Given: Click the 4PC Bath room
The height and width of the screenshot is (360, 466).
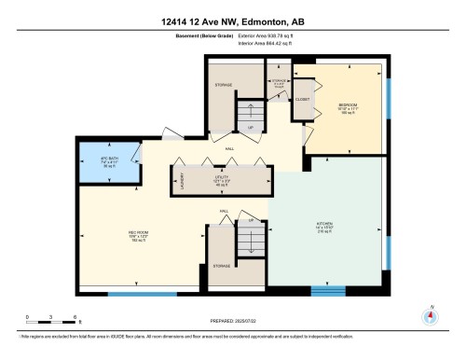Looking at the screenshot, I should [x=108, y=163].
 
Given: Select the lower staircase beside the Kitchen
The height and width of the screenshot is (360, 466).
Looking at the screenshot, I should [x=249, y=240].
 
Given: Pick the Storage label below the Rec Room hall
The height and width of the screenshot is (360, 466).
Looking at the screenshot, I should [x=222, y=266].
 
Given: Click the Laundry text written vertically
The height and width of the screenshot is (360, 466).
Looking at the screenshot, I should [x=181, y=180].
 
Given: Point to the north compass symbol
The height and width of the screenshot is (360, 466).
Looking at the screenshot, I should [x=430, y=315].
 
